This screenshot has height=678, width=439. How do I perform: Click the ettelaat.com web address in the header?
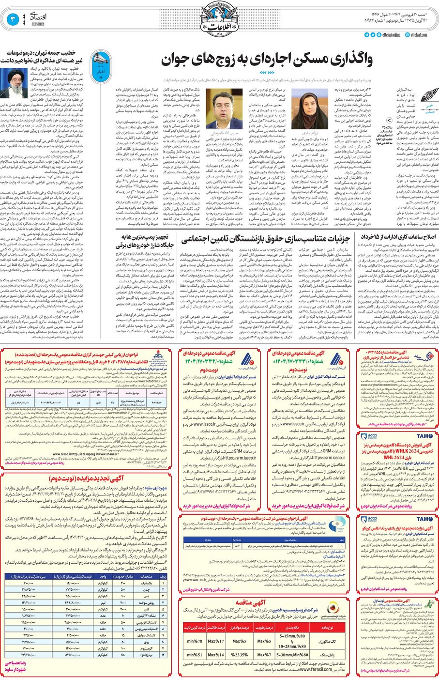pos(419,35)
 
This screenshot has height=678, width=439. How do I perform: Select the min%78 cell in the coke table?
pos(195,641)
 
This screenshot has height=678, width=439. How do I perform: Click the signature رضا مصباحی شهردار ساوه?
pos(15,666)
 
